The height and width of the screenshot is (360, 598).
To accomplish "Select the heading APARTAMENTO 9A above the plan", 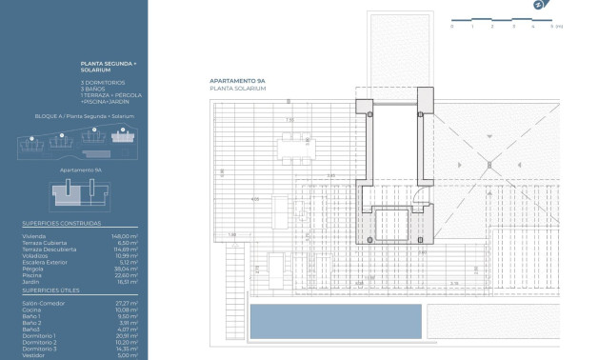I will [238, 82].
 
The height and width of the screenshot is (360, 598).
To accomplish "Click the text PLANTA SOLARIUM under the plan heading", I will [237, 89].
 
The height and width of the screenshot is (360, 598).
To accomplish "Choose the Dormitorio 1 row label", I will [39, 335].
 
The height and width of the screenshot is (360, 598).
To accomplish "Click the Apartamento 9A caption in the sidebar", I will [80, 170].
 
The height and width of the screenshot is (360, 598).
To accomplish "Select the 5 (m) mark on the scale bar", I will [555, 27].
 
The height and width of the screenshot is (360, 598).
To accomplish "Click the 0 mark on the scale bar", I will [451, 27].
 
